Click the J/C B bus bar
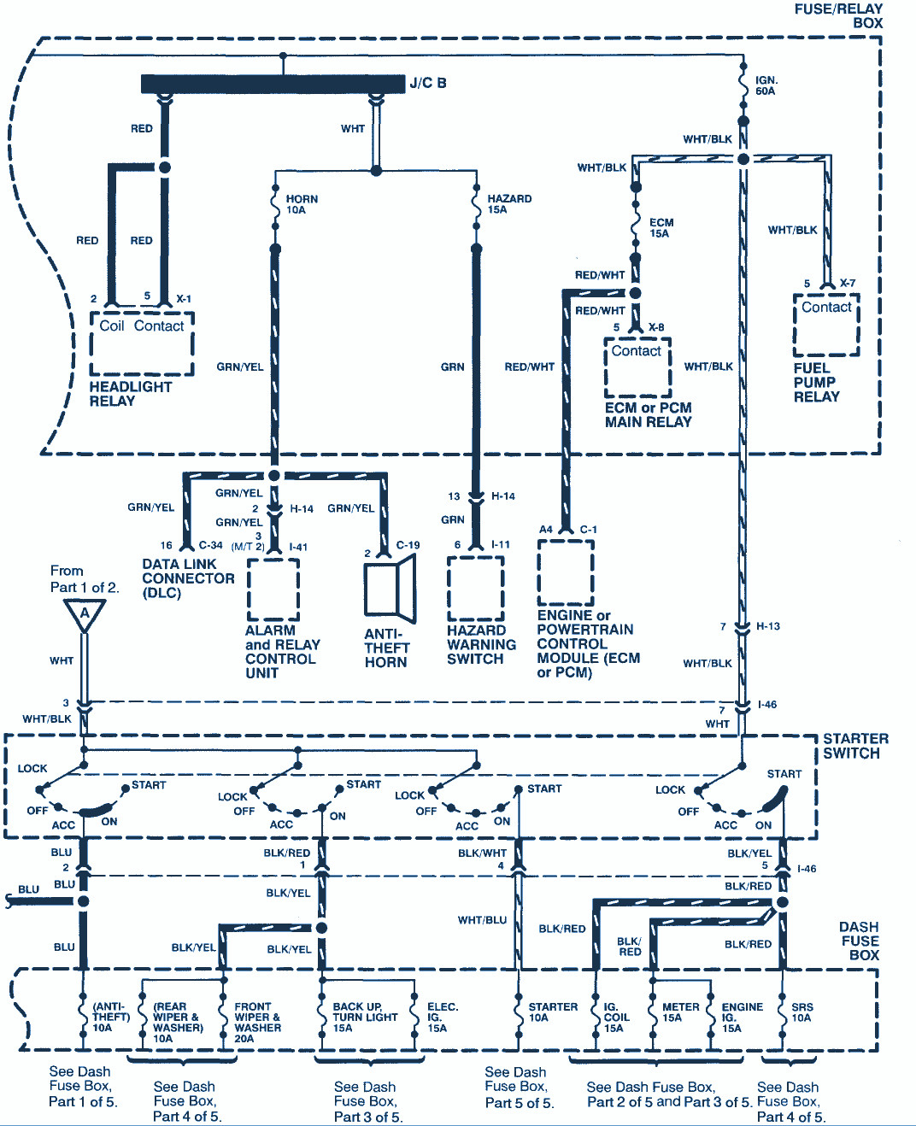point(273,84)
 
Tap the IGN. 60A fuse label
point(766,85)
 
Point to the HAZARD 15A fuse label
point(509,204)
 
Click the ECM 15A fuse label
point(661,228)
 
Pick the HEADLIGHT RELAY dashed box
point(142,343)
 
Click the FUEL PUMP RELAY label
point(816,383)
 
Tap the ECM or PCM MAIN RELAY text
point(648,415)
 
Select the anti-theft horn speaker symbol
point(390,589)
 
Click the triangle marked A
point(84,615)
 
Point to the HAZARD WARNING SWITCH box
point(475,589)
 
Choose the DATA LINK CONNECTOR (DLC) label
point(188,579)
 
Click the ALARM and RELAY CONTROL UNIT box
point(273,589)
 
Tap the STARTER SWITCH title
point(855,746)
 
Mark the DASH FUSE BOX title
point(860,941)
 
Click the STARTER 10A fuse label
point(553,1012)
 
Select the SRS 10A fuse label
point(801,1012)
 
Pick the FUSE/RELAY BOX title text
point(838,16)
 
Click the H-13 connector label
point(768,626)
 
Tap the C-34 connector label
point(210,544)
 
